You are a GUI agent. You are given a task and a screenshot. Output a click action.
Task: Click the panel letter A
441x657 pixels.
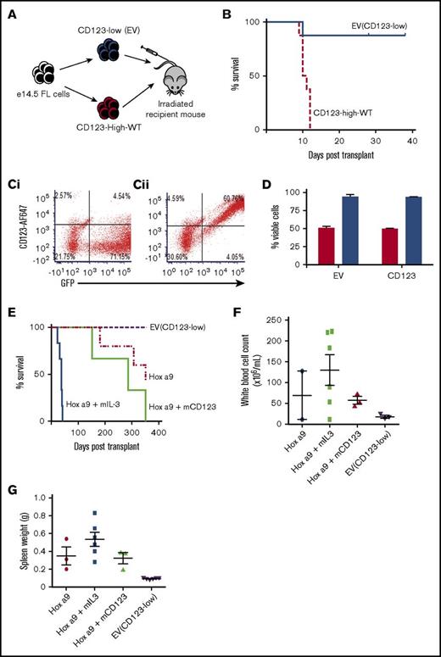[x=13, y=12]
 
